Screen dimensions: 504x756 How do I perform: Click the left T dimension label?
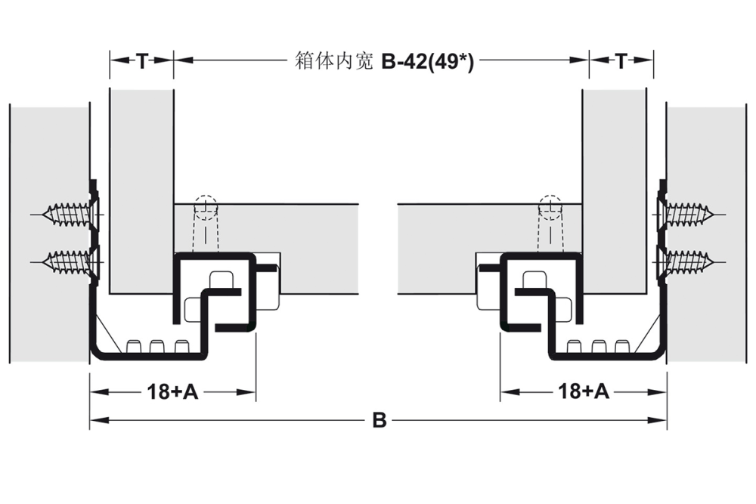coord(141,62)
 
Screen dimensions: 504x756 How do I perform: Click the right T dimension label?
coord(621,62)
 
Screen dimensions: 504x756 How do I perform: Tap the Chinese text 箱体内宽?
coord(332,62)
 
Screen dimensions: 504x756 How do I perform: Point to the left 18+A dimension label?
coord(172,391)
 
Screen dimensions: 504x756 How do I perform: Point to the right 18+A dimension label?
coord(583,391)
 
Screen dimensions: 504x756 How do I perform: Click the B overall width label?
coord(379,421)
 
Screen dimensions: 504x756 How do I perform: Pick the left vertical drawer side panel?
coord(141,189)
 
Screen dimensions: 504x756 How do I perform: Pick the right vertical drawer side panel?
coord(615,189)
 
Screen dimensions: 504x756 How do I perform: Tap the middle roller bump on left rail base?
coord(157,346)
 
